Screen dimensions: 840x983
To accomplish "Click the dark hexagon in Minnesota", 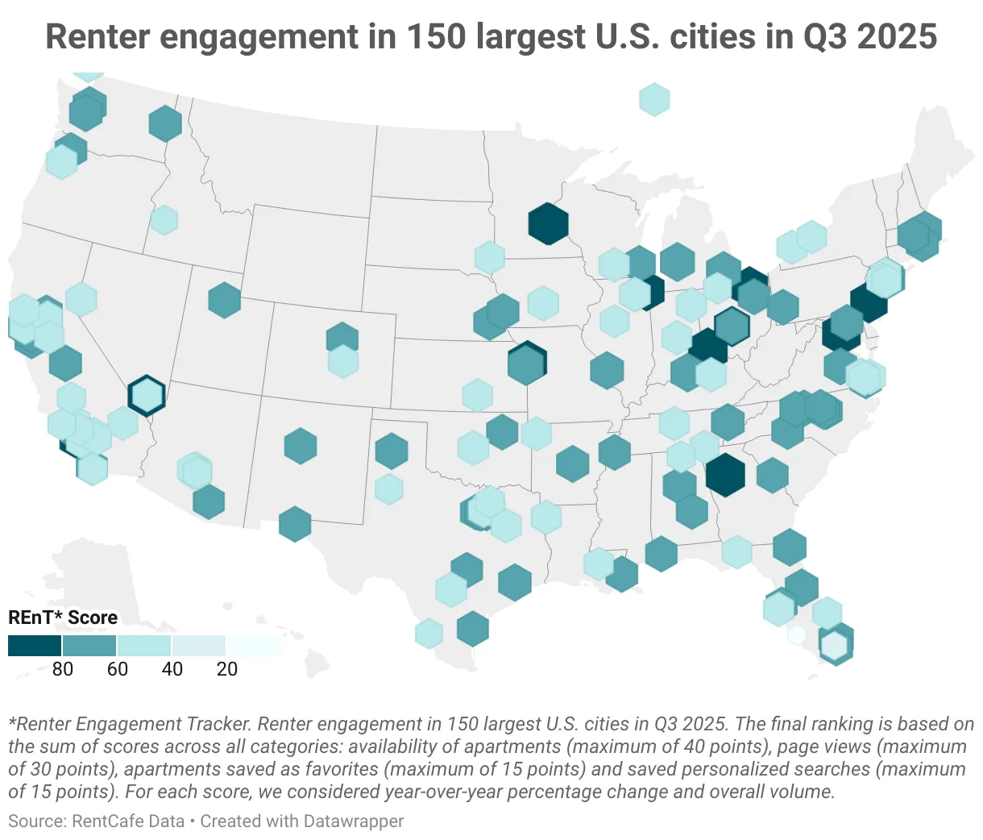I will [548, 223].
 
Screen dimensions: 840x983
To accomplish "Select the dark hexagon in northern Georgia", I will [724, 475].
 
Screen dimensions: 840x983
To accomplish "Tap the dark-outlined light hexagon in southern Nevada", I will [147, 395].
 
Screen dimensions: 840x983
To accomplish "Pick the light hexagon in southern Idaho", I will [164, 219].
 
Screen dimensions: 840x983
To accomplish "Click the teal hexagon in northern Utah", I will [224, 300].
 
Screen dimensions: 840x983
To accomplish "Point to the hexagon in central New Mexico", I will [300, 446].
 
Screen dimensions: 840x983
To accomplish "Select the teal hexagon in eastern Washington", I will [165, 124].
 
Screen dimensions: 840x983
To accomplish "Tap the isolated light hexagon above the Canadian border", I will [654, 99].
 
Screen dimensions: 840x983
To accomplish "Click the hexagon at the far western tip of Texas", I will [295, 524].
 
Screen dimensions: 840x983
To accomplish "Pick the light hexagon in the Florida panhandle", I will [736, 552].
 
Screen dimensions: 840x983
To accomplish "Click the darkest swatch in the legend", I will [35, 645].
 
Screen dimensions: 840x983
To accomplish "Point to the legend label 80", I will [63, 669].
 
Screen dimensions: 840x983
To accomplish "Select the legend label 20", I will [227, 669].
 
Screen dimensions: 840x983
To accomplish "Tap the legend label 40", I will [172, 669].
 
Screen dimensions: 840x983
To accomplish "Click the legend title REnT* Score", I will [63, 618].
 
